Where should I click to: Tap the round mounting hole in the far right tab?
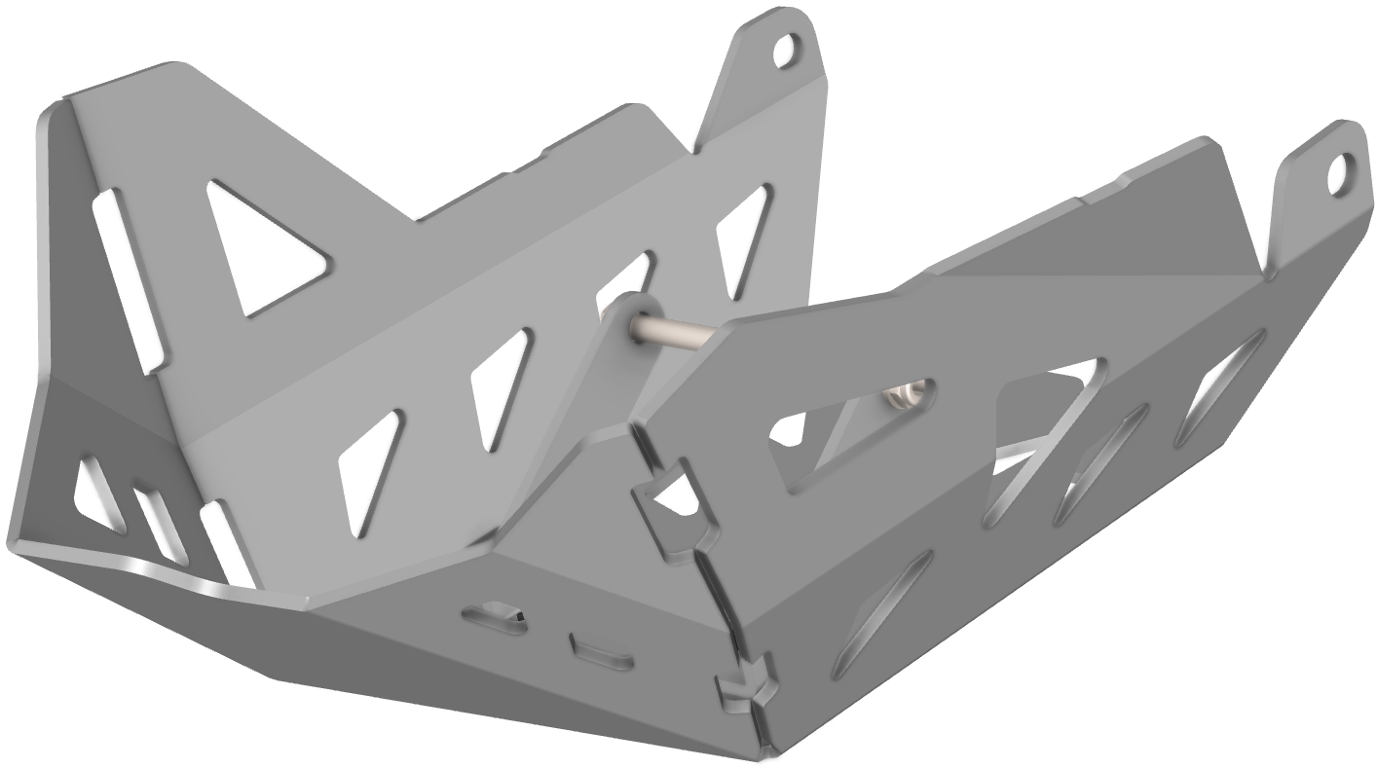1340,174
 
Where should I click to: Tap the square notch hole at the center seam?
672,496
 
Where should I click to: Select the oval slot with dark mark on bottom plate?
495,617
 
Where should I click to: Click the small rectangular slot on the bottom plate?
601,652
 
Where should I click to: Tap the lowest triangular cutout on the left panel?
369,471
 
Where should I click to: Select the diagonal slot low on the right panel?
882,613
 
